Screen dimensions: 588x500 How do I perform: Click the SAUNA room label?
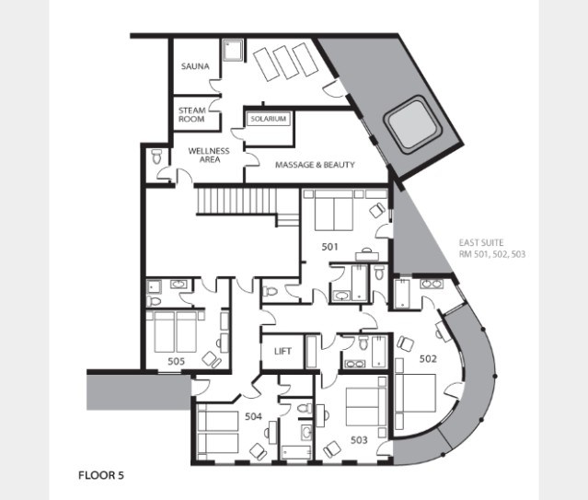pos(195,66)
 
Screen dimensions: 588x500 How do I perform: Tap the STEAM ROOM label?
pos(191,115)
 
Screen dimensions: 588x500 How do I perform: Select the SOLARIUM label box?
pos(268,119)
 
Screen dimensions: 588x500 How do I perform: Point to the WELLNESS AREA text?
pos(209,155)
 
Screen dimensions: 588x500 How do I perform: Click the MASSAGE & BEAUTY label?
pos(315,165)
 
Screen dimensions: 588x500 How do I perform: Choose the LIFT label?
pos(282,352)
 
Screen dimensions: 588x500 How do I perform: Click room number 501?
pos(329,247)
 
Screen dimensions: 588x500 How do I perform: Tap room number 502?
pos(428,359)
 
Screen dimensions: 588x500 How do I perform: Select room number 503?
pos(359,439)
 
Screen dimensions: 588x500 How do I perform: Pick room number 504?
pos(253,416)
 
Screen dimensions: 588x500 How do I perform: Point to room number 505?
pos(177,361)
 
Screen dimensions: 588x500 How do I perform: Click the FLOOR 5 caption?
pos(101,475)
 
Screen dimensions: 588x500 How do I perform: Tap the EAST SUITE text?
pos(481,242)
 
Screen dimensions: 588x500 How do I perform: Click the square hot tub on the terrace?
pos(413,124)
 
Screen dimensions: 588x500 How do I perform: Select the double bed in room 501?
pos(334,210)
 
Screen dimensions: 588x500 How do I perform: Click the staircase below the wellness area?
pos(237,201)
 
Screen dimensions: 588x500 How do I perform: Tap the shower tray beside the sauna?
pos(234,50)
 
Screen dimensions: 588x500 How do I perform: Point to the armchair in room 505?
pos(212,359)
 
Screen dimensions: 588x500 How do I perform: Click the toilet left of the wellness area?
pos(156,157)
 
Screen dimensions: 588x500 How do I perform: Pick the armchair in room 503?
pos(332,449)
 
